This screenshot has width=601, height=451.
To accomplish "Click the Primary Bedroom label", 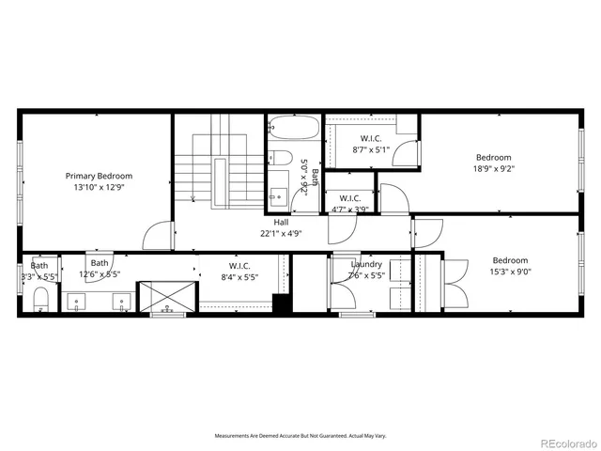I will point(99,176).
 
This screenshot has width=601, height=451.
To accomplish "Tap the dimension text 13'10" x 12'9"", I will point(99,187).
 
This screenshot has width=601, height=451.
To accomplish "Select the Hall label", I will point(281,222).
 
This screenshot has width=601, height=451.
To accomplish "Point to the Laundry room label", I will point(366,264).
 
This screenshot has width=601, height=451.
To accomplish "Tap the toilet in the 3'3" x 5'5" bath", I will point(40,301).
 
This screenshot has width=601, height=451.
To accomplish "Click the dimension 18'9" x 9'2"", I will point(494,169).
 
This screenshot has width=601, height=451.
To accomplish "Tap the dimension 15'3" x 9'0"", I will point(510,272).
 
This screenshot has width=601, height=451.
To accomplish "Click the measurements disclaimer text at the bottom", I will point(300,435).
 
